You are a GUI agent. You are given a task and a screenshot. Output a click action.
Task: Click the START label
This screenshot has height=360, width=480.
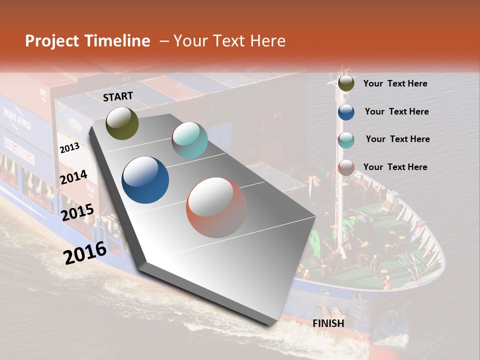tap(118, 96)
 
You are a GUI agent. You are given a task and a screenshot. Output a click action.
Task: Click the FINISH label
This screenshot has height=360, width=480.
tap(328, 323)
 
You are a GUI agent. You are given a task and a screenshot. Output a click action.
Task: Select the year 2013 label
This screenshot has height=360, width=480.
tap(69, 147)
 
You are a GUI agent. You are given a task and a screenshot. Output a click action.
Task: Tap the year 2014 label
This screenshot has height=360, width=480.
tap(73, 177)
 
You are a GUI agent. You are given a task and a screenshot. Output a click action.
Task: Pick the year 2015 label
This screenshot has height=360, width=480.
tap(77, 212)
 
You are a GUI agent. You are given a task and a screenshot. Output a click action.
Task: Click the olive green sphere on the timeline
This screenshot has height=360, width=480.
tap(122, 123)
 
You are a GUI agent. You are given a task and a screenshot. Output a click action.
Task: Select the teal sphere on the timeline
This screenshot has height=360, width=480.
tap(189, 140)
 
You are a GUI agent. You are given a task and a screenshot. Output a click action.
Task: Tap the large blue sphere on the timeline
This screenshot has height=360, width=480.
tap(145, 180)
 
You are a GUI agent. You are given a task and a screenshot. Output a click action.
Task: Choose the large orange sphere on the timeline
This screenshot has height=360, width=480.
tap(216, 207)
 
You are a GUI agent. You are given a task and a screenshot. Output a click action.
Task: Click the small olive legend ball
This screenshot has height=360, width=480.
tap(346, 83)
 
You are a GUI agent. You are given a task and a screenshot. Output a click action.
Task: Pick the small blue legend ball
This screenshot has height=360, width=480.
tap(346, 112)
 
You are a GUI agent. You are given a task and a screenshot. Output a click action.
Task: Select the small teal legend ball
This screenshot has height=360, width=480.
tap(346, 140)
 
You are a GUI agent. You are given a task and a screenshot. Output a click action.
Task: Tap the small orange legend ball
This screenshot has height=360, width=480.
tap(346, 167)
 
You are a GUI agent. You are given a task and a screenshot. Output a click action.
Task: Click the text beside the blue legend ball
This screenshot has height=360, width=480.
tap(396, 111)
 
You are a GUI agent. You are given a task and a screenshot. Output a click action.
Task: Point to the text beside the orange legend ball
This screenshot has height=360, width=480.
tap(395, 167)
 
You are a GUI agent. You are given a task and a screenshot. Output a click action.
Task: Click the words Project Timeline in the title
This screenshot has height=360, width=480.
tap(87, 41)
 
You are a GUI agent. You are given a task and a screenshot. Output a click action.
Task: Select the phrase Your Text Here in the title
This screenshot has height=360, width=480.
tap(229, 41)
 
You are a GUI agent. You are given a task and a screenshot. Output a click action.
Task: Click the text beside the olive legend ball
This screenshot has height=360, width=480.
tap(395, 83)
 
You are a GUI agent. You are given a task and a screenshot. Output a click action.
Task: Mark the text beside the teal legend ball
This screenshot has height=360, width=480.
tap(397, 139)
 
